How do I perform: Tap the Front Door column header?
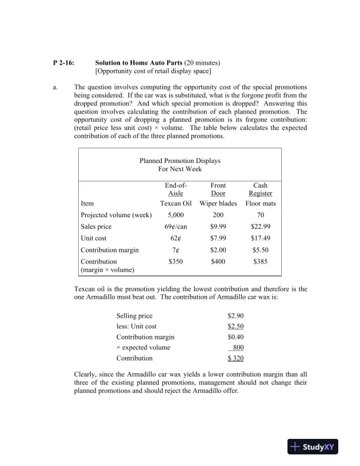(x=218, y=189)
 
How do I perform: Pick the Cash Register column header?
(x=260, y=189)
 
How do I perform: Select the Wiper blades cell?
(x=218, y=204)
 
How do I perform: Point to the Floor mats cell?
(x=261, y=204)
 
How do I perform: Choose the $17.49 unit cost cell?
(x=261, y=238)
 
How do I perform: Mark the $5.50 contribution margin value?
(x=261, y=250)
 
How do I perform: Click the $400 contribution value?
(x=218, y=261)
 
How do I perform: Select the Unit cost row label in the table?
(x=94, y=238)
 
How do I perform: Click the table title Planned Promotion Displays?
(x=180, y=160)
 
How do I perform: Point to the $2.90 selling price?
(x=235, y=316)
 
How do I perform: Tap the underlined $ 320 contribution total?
(x=235, y=358)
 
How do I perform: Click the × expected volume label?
(x=143, y=347)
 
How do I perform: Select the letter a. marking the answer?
(x=55, y=87)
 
